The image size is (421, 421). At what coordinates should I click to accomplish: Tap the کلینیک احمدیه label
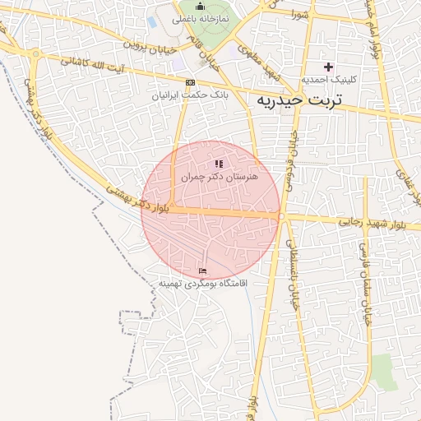[x=329, y=81]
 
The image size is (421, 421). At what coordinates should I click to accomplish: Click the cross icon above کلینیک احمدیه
[x=329, y=67]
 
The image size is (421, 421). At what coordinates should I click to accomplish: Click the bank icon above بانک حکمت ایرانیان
[x=191, y=82]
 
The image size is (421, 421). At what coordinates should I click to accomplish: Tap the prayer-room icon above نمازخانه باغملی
[x=200, y=6]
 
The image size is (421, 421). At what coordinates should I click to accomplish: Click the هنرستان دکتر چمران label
[x=220, y=177]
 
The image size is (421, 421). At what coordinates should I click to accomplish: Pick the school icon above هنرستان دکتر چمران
[x=219, y=164]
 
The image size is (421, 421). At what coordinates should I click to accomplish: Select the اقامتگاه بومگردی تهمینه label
[x=203, y=284]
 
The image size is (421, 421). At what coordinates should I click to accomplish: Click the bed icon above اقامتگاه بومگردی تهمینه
[x=203, y=271]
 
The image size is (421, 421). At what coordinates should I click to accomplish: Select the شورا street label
[x=299, y=14]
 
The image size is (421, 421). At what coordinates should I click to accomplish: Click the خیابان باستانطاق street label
[x=291, y=275]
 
